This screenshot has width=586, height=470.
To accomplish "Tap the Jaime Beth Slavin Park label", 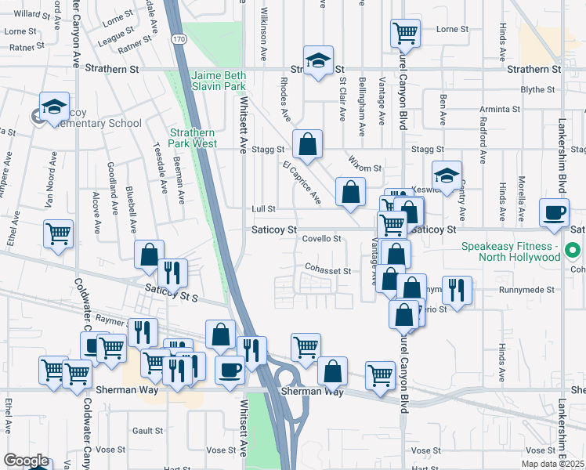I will (218, 81).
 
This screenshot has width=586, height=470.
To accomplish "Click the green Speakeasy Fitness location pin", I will (573, 251).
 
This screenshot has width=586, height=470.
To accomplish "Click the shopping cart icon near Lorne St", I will (406, 33).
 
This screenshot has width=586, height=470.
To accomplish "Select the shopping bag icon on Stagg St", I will (308, 143).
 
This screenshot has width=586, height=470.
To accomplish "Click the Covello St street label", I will (322, 239).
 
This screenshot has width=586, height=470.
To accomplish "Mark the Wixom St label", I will (365, 168).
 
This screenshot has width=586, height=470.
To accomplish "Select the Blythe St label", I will (537, 89).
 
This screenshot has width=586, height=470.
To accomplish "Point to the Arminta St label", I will (503, 109).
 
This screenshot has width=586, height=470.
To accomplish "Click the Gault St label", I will (147, 430).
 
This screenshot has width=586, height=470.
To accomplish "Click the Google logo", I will (26, 461).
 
